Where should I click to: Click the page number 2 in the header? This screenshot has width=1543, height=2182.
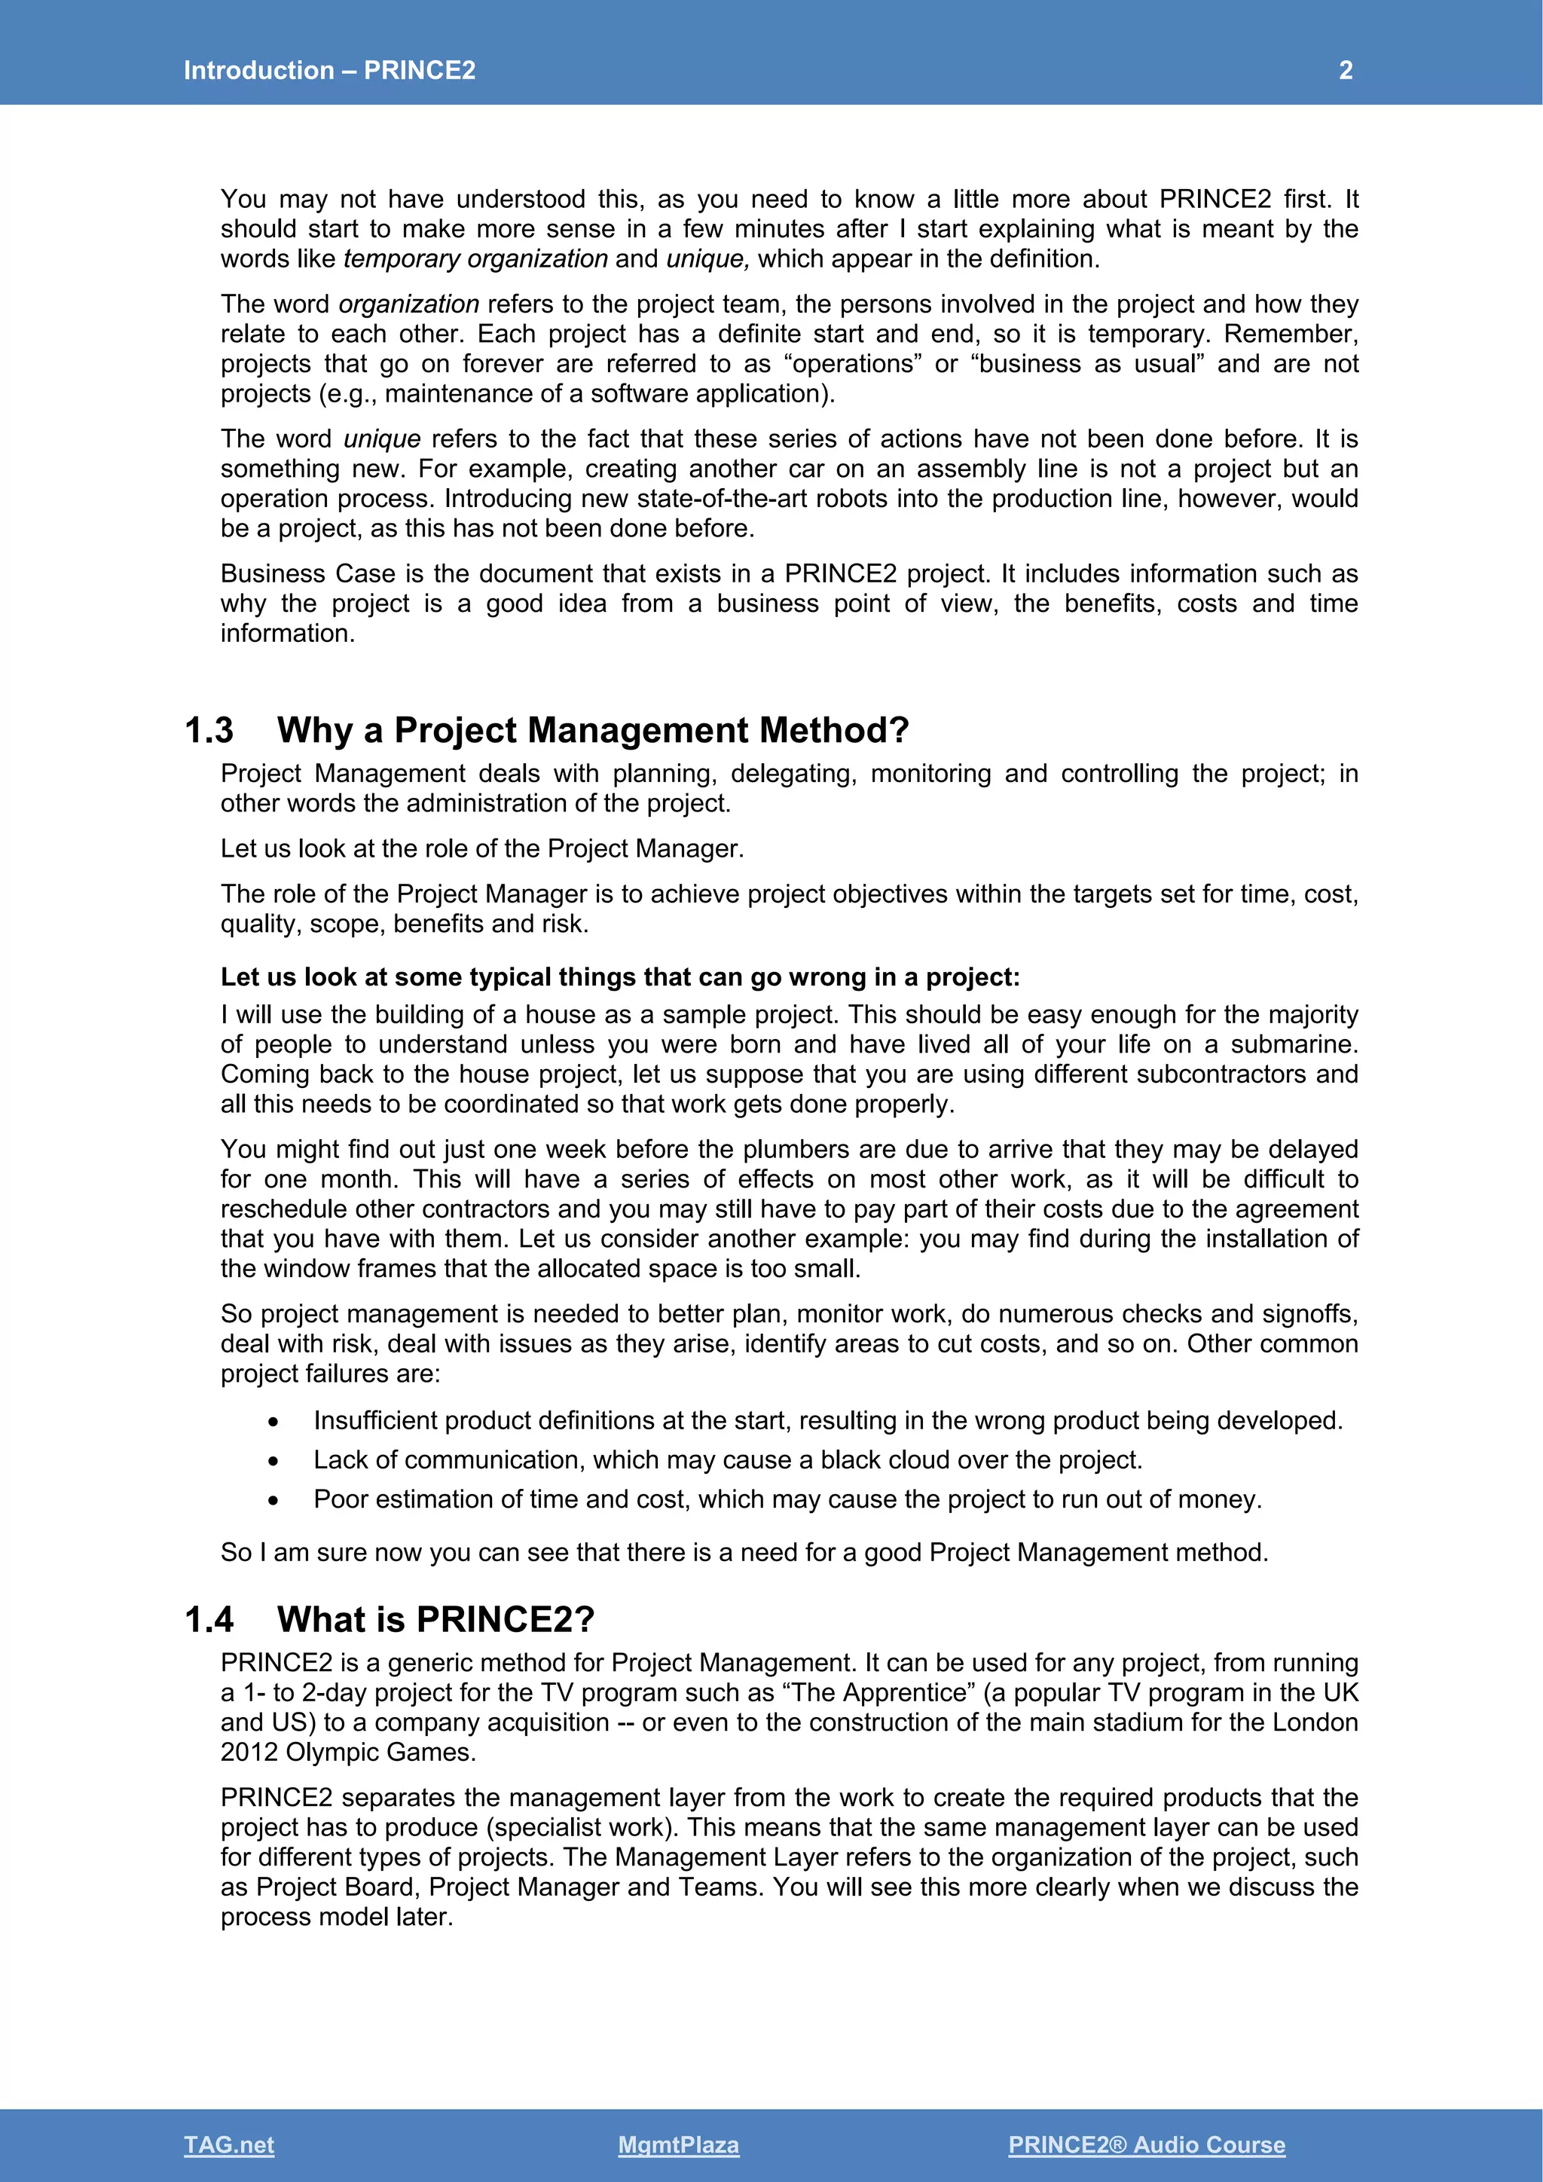[x=1346, y=70]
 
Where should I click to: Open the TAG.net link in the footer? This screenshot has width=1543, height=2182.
[x=229, y=2144]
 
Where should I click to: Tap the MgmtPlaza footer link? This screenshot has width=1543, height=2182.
[x=677, y=2144]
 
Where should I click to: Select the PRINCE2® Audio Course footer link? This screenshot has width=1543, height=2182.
[x=1146, y=2144]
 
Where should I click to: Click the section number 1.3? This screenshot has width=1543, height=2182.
[x=209, y=730]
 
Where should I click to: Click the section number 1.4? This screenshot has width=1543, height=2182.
[x=209, y=1619]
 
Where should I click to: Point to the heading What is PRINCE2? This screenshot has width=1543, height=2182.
[x=435, y=1619]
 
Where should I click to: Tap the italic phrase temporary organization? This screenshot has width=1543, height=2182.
[x=475, y=258]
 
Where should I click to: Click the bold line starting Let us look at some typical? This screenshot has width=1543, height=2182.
[x=619, y=977]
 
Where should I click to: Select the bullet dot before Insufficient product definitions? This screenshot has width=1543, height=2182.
[x=273, y=1422]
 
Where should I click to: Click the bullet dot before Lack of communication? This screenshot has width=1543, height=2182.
[x=273, y=1461]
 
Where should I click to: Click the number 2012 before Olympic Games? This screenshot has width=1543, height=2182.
[x=249, y=1753]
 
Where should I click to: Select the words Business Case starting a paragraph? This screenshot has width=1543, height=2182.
[x=308, y=574]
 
